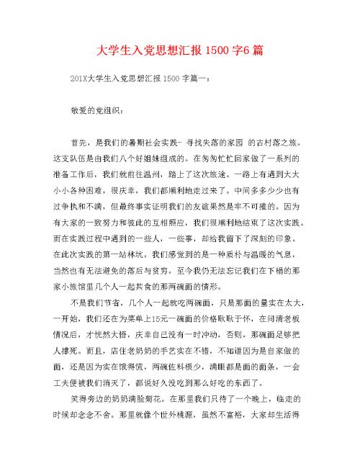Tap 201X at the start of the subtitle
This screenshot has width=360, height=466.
click(78, 81)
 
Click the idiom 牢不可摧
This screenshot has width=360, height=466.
click(243, 205)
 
